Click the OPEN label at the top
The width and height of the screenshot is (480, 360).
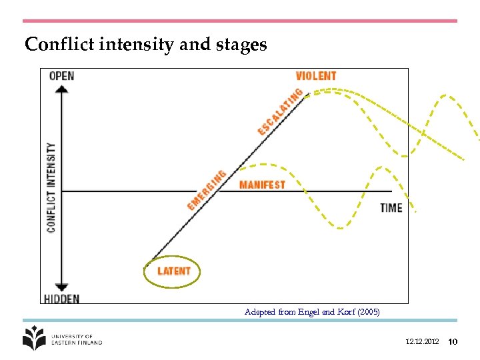[x=61, y=75]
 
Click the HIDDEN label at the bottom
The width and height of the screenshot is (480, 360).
[x=61, y=299]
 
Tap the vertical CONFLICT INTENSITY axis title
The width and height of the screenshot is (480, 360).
[x=51, y=187]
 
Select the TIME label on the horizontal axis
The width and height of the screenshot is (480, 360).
[x=391, y=207]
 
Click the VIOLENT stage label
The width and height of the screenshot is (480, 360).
[x=316, y=76]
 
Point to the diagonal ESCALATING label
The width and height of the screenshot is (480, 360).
[x=280, y=112]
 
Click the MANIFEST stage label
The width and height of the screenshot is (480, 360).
[x=262, y=185]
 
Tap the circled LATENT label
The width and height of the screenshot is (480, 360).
[x=173, y=271]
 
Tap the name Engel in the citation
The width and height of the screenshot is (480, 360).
[x=308, y=311]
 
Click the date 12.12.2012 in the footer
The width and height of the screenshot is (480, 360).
[x=421, y=342]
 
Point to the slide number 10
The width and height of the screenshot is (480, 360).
[x=453, y=342]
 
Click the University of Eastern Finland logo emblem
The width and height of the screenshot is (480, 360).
[x=35, y=338]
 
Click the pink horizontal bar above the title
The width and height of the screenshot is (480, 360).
[x=240, y=21]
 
